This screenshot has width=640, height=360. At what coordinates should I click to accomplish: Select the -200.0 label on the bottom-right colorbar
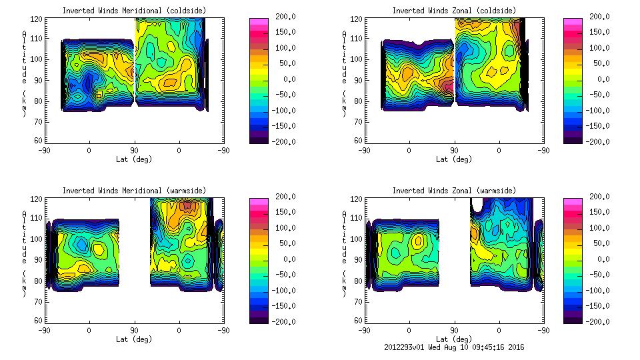(x=599, y=322)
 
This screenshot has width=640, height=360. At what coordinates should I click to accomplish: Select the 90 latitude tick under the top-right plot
(x=454, y=151)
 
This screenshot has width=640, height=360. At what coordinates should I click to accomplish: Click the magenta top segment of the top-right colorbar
(x=572, y=22)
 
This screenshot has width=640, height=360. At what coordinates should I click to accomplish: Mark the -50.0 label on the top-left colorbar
(x=284, y=95)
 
